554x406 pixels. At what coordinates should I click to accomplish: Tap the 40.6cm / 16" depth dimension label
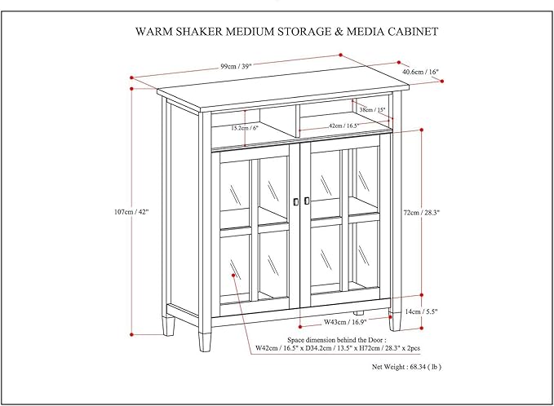tap(420, 73)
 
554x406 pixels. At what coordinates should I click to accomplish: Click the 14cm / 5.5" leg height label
tap(422, 312)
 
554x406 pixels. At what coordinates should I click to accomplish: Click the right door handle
tap(307, 201)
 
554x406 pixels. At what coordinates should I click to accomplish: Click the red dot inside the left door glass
tap(234, 276)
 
